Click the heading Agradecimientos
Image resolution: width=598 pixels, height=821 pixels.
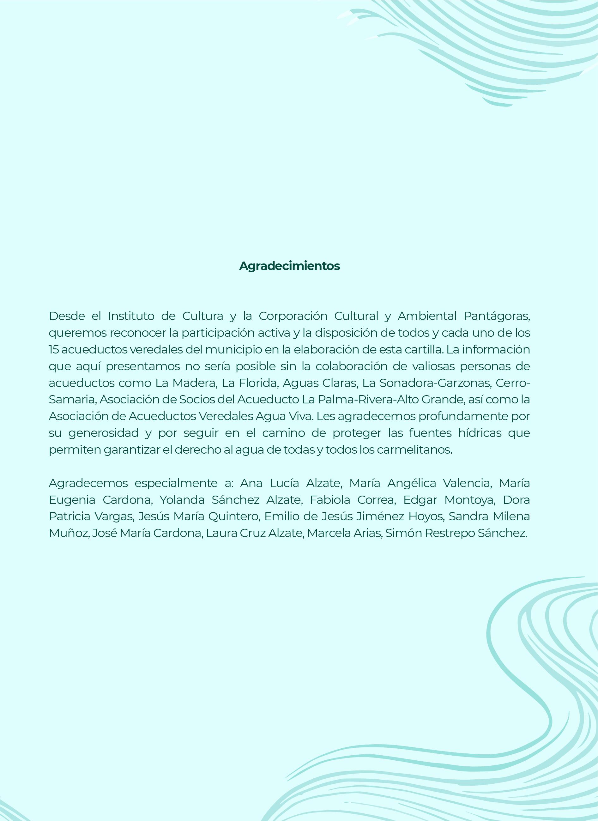[x=289, y=266]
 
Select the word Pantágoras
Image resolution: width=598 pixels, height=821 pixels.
[x=497, y=316]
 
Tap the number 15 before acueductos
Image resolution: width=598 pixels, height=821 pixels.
[x=54, y=350]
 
